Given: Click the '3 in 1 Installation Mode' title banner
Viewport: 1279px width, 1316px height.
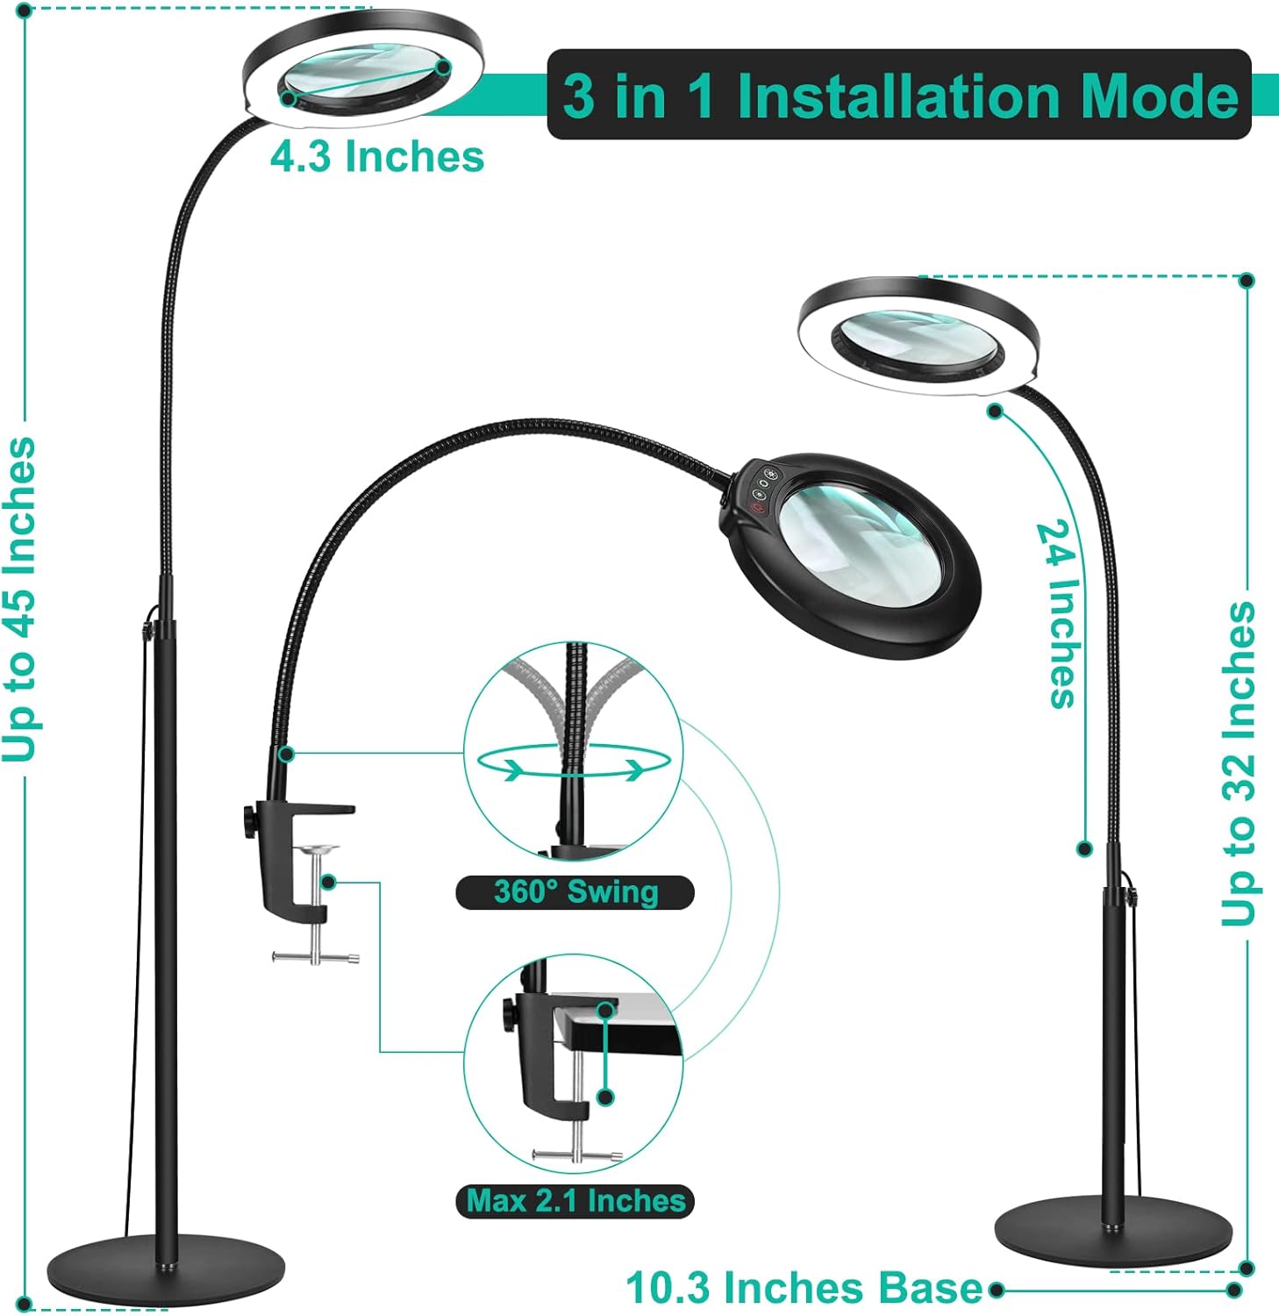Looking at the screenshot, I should coord(898,95).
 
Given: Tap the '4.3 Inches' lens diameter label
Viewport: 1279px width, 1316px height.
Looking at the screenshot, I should coord(376,157).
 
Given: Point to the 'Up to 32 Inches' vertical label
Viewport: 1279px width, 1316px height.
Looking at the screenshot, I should coord(1239,762).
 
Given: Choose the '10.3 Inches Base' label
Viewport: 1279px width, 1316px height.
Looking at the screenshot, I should coord(804,1288).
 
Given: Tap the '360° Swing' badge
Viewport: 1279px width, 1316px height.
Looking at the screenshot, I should coord(575,892).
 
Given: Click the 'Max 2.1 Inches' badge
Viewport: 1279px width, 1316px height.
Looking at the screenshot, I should coord(575,1200).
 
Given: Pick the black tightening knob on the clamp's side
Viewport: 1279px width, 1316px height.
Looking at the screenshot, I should coord(246,823).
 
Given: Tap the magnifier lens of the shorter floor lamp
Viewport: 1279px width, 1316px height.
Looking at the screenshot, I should coord(917,345).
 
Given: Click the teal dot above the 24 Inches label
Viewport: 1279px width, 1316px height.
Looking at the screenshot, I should coord(995,411).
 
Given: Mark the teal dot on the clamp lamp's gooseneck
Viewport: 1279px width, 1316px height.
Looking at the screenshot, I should coord(286,754).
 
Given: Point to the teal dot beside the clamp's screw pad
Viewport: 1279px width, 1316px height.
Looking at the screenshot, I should coord(328,881).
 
